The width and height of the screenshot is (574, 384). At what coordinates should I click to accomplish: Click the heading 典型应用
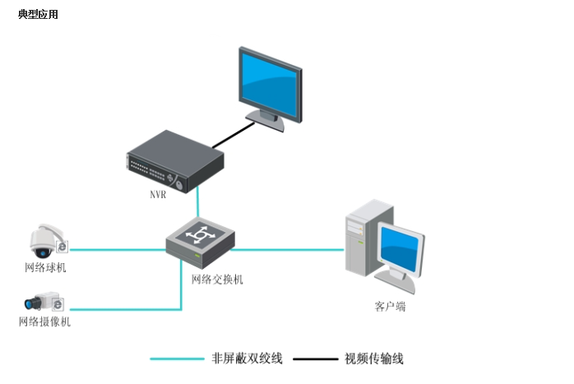coord(38,15)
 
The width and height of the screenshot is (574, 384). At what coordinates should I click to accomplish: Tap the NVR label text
coord(158,195)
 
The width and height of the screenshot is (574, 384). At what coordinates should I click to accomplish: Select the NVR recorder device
coord(175,164)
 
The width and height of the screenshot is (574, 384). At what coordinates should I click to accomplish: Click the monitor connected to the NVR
coord(271,85)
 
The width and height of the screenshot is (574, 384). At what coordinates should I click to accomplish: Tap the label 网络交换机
coord(217,280)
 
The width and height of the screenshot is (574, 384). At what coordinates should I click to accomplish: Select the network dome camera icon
coord(45,241)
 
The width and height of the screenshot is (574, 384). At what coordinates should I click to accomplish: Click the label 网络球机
coord(45,268)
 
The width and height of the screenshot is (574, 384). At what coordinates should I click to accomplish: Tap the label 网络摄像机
coord(45,322)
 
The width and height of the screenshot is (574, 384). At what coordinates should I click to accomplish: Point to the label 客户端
coord(390,307)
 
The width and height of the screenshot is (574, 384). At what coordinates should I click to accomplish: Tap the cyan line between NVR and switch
coord(198,201)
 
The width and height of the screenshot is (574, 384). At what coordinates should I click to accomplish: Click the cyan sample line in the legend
coord(177,359)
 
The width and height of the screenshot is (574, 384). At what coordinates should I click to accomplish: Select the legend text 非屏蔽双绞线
coord(247,359)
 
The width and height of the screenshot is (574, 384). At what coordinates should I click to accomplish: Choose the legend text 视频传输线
coord(375,359)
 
